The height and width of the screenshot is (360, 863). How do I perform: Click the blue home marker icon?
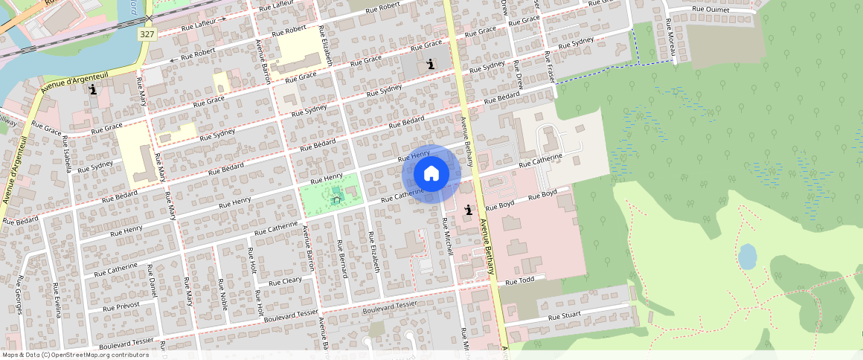[431, 174]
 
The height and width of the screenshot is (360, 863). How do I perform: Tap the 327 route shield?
[147, 34]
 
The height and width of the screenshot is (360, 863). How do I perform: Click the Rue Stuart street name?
[564, 316]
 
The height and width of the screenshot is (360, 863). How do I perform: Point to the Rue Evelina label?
[57, 298]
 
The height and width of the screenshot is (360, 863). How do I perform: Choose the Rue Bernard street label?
[343, 259]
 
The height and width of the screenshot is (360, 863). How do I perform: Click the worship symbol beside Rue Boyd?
[468, 210]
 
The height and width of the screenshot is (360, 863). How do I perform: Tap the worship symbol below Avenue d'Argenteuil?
[93, 90]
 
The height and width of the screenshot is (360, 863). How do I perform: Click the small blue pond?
[747, 257]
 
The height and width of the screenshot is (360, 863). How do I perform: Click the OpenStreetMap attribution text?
[75, 355]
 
